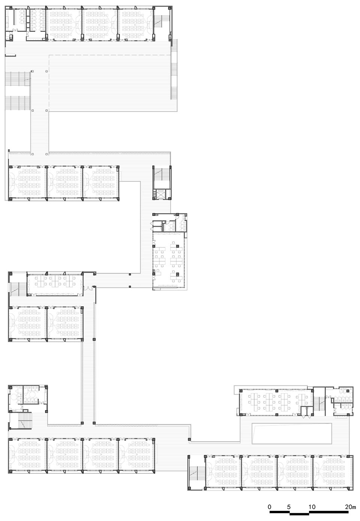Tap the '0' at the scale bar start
[270, 507]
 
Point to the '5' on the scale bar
[289, 507]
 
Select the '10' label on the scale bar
[312, 507]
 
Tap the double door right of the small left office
[89, 288]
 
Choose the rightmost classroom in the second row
[100, 182]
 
